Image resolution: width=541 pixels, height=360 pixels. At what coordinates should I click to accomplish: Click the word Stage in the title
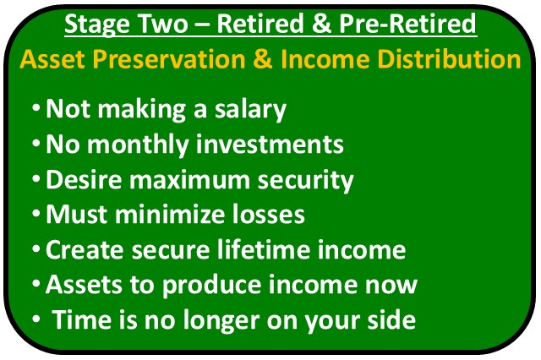pyautogui.click(x=98, y=25)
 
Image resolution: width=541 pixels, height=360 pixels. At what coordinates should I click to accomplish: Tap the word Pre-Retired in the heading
pyautogui.click(x=407, y=24)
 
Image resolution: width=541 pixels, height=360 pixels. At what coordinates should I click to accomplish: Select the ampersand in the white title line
pyautogui.click(x=321, y=24)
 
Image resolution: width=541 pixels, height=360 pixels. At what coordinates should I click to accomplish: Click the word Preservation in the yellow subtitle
pyautogui.click(x=169, y=59)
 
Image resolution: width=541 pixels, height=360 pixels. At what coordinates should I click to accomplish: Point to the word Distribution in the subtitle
pyautogui.click(x=450, y=59)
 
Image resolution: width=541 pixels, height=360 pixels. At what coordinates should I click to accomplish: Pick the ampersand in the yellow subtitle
pyautogui.click(x=263, y=59)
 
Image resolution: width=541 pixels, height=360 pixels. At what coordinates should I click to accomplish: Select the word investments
pyautogui.click(x=270, y=145)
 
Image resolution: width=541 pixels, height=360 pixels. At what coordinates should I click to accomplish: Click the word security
pyautogui.click(x=306, y=180)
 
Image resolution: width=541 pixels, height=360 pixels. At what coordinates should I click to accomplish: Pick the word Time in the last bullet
pyautogui.click(x=82, y=319)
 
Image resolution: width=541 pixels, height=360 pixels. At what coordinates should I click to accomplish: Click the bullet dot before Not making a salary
pyautogui.click(x=36, y=107)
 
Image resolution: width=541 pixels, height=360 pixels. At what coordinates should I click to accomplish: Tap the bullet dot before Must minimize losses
pyautogui.click(x=36, y=213)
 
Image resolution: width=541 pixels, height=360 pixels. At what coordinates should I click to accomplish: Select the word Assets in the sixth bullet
pyautogui.click(x=84, y=284)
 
